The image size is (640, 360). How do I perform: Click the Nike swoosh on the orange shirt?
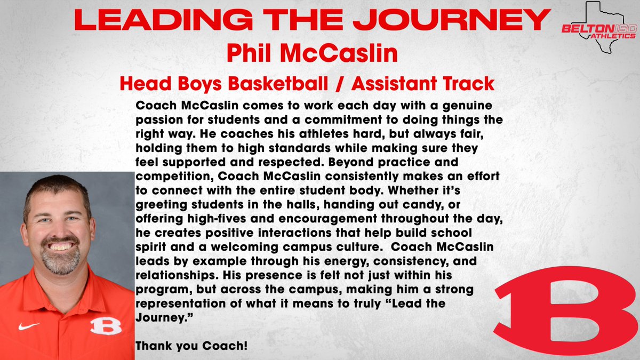[28, 325]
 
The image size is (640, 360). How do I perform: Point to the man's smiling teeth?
[60, 247]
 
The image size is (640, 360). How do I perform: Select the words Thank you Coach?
[191, 346]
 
